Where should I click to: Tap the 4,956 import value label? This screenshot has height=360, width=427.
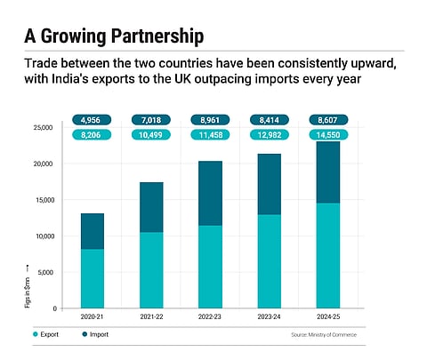(93, 119)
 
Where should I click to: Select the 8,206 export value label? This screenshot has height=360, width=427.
(93, 134)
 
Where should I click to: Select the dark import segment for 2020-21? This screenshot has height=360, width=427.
(93, 231)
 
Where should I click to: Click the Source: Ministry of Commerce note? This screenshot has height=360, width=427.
(327, 336)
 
